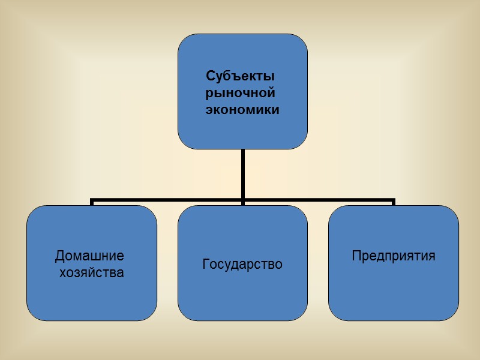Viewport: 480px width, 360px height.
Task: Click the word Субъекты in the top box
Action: [x=240, y=77]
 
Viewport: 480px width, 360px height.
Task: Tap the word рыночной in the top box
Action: [x=240, y=94]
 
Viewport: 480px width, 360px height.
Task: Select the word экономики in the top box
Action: [x=242, y=110]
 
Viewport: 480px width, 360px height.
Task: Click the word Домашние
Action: [x=89, y=256]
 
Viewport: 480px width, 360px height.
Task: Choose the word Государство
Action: [x=242, y=264]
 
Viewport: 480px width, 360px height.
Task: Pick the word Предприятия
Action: [x=393, y=256]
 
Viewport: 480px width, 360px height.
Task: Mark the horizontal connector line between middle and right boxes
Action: [x=318, y=199]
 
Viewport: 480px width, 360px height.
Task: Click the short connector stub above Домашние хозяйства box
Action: [x=92, y=202]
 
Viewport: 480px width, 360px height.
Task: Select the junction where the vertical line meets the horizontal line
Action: [x=242, y=199]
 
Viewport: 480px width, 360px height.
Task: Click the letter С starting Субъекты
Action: [x=210, y=77]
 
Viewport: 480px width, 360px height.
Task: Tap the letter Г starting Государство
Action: [x=206, y=264]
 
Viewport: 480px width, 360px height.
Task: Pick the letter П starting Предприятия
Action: [x=356, y=256]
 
